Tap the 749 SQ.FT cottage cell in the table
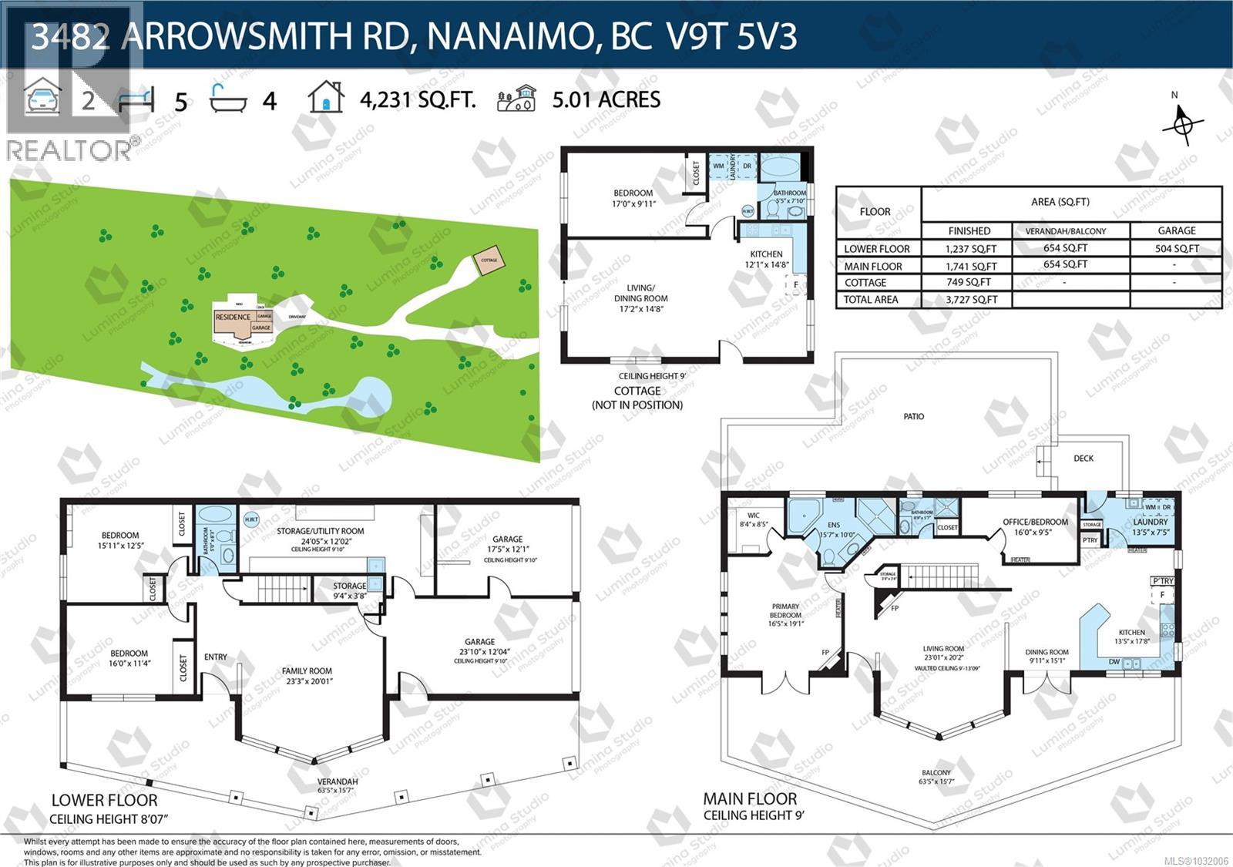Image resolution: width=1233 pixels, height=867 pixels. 969,283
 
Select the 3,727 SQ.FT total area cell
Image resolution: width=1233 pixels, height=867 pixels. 969,300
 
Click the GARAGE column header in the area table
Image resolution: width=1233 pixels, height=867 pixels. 1176,230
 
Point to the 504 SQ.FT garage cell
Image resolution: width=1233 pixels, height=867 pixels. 1176,249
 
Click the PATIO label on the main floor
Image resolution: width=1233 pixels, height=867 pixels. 913,417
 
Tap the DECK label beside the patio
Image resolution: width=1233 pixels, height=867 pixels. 1083,459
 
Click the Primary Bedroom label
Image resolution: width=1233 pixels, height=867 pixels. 785,615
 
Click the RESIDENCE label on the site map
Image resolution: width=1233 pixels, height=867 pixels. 233,317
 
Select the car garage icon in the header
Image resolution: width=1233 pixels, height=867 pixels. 42,99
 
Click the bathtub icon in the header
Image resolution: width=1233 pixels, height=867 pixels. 228,99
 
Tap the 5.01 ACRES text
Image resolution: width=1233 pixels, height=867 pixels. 606,99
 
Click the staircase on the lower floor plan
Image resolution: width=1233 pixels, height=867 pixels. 281,590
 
